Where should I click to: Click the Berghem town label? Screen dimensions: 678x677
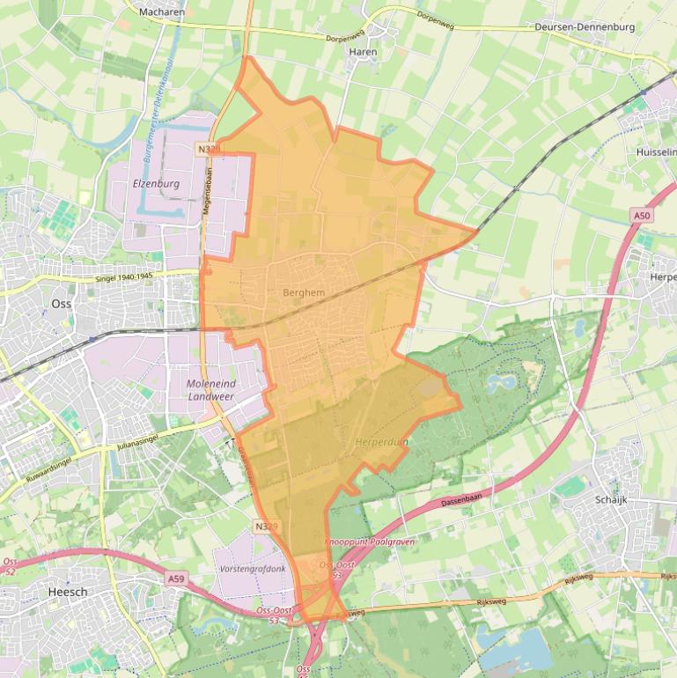[x=304, y=292]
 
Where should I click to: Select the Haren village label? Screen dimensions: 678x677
[x=363, y=52]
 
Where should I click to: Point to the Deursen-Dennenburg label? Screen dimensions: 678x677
[x=585, y=27]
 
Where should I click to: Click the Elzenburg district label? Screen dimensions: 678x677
[x=156, y=184]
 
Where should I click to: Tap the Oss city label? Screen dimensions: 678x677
[x=61, y=303]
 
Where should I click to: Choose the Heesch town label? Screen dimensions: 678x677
[x=68, y=593]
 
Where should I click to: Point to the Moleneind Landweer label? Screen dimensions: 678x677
[x=212, y=390]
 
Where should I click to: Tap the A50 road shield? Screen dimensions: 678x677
[x=641, y=215]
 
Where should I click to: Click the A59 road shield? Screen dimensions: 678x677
[x=177, y=579]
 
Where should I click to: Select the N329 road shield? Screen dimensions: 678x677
[x=266, y=527]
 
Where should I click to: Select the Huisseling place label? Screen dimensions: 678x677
[x=656, y=152]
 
